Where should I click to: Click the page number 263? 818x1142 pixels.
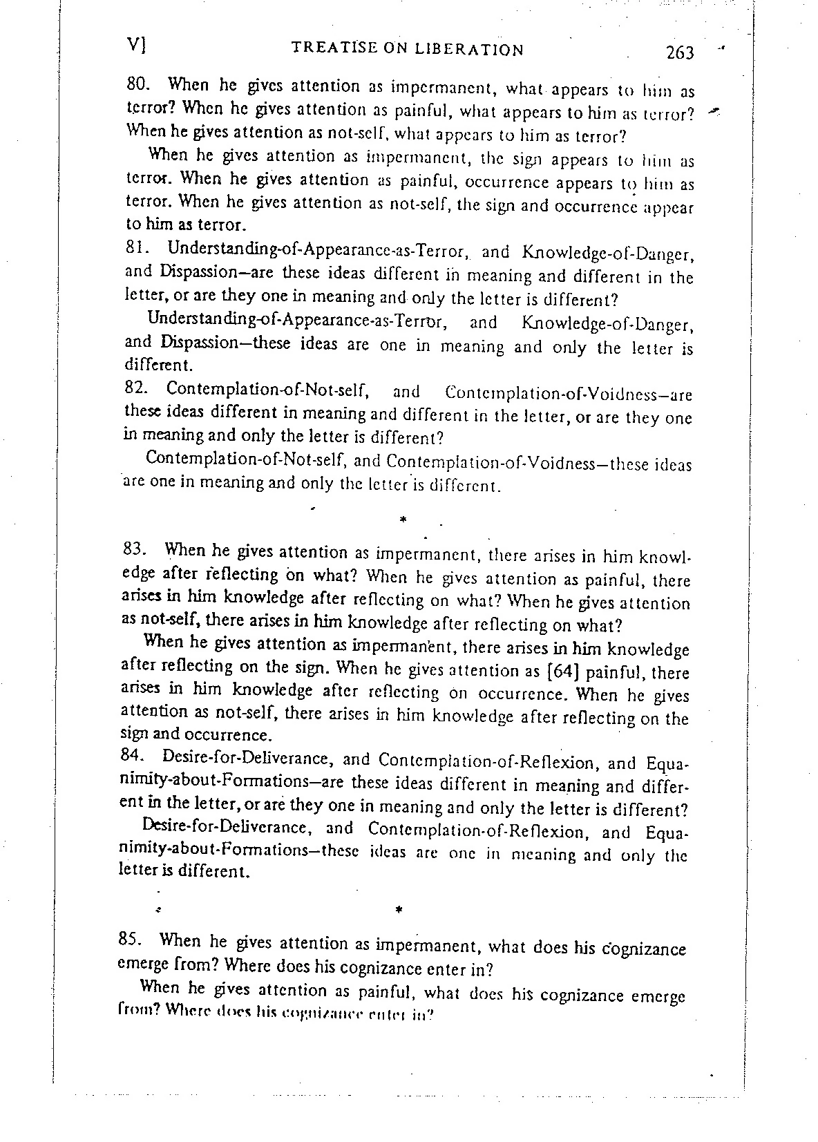tap(679, 53)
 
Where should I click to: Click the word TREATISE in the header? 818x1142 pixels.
tap(327, 48)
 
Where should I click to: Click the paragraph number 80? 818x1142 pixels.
tap(138, 85)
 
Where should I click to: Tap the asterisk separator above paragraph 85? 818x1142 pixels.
tap(399, 909)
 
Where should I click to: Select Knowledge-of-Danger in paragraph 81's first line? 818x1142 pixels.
tap(608, 254)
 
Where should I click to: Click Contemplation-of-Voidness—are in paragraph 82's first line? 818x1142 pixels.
tap(569, 394)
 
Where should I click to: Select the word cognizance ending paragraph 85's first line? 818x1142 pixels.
tap(642, 949)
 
